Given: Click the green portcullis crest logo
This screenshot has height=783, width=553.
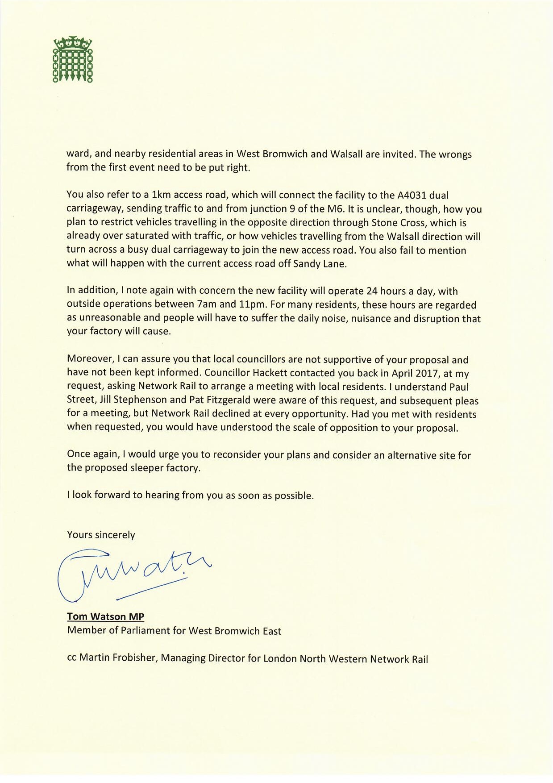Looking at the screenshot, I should click(x=73, y=59).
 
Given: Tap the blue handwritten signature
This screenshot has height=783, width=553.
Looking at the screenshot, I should click(x=129, y=575).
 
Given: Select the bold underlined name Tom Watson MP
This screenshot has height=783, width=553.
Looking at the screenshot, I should click(x=105, y=616).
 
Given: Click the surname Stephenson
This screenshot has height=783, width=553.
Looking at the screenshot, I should click(x=141, y=400).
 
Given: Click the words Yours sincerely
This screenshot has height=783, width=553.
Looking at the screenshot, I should click(x=101, y=535).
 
